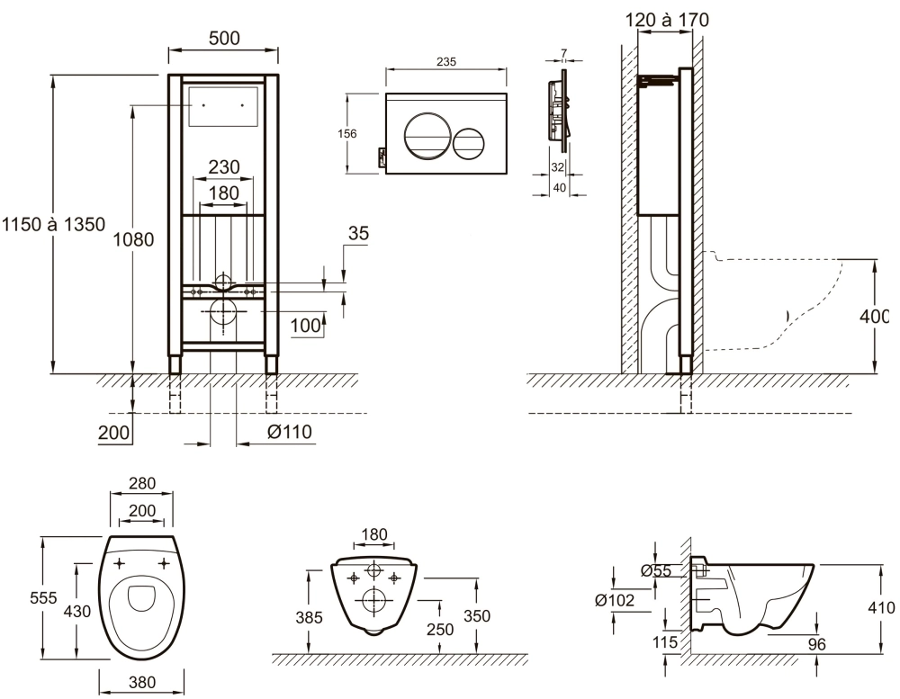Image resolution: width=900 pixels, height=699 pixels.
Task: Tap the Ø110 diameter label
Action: (x=289, y=433)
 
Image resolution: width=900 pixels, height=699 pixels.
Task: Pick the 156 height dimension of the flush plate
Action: (x=346, y=134)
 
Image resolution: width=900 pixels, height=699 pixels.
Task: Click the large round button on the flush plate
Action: (x=423, y=137)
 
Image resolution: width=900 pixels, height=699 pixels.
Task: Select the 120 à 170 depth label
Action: (x=666, y=18)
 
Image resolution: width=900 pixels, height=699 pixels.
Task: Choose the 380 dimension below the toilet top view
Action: (x=142, y=683)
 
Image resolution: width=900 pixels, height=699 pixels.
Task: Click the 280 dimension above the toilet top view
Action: (x=142, y=484)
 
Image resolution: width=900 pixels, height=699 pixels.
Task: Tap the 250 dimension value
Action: (x=439, y=631)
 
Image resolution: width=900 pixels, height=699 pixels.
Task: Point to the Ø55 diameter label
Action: (x=654, y=569)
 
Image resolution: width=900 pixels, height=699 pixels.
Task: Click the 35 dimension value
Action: (x=358, y=235)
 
